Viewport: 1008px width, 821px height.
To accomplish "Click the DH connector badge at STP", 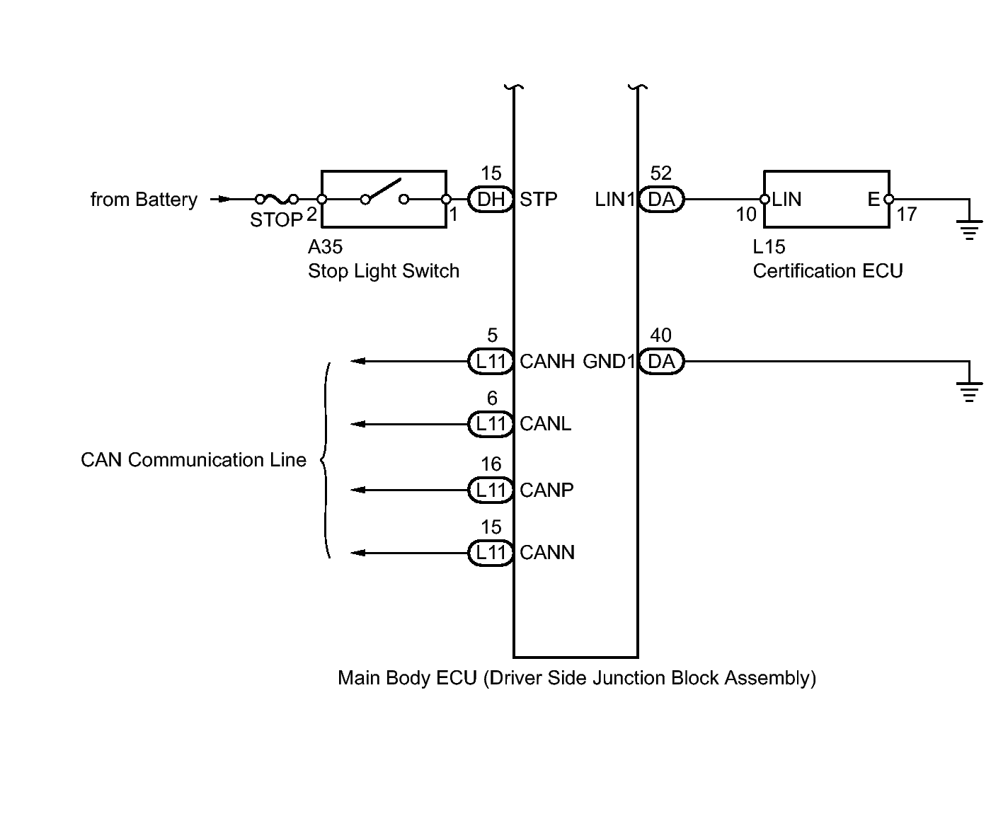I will coord(490,200).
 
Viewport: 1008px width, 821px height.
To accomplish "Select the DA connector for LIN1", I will coord(661,200).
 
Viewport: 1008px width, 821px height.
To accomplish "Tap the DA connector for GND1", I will coord(661,362).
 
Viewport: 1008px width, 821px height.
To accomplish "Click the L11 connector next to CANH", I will coord(490,362).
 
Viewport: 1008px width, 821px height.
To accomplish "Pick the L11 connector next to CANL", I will coord(490,424).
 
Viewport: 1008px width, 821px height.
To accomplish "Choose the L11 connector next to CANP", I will coord(490,490).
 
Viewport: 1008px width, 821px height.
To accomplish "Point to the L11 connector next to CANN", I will coord(490,553).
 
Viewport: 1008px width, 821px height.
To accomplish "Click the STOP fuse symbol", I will coord(276,200).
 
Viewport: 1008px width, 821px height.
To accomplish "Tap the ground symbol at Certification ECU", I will coord(969,229).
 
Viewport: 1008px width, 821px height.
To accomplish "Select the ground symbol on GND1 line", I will coord(969,391).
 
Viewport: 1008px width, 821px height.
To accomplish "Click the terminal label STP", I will coord(539,200).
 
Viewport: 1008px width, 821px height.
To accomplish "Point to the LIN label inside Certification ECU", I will coord(786,200).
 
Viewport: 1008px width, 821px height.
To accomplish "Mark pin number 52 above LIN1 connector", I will coord(660,173).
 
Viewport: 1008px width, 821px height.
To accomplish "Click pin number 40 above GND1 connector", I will coord(660,335).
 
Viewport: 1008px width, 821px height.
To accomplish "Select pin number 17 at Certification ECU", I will coord(907,214).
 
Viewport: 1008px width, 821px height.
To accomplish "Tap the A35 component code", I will coord(325,247).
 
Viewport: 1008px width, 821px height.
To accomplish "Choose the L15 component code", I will coord(769,247).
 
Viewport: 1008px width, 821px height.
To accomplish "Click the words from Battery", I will coord(144,200).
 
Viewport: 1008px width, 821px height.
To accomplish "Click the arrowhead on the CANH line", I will coord(358,362).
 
